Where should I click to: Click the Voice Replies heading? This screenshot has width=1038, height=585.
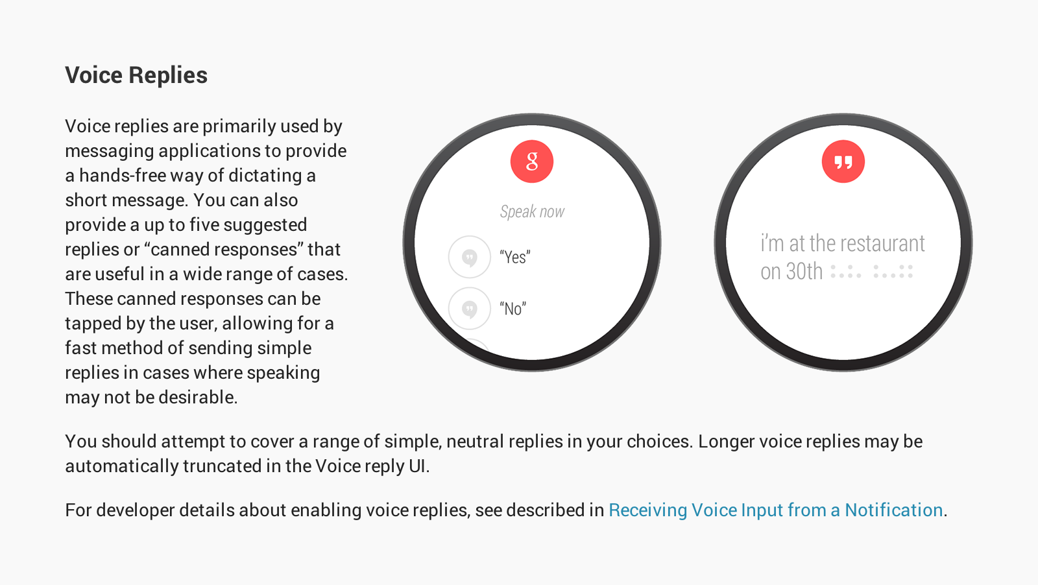coord(136,75)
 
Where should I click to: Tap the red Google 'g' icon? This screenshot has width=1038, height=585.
coord(531,161)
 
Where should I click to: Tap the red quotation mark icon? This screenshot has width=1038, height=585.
coord(843,161)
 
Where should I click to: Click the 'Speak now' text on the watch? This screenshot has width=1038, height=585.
coord(532,211)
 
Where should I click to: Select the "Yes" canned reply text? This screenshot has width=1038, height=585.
coord(515,257)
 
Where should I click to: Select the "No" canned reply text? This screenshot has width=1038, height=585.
coord(513,309)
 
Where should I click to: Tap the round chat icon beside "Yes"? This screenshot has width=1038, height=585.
coord(470,257)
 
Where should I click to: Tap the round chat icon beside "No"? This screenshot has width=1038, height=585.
coord(470,309)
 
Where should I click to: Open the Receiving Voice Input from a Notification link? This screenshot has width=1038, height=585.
coord(776,510)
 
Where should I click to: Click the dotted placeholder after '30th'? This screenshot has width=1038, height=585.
coord(872,272)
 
